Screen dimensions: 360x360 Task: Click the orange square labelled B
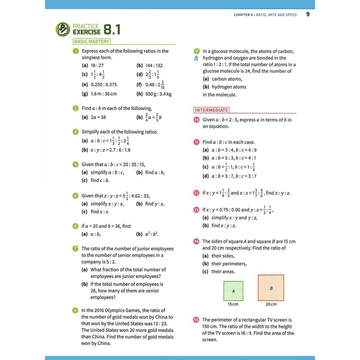(x=270, y=287)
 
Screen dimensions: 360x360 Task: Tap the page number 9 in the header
(x=307, y=14)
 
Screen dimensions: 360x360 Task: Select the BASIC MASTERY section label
(x=91, y=41)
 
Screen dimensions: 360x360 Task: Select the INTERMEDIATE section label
(x=211, y=110)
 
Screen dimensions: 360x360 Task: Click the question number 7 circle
(x=75, y=248)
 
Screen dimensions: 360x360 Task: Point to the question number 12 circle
(x=196, y=193)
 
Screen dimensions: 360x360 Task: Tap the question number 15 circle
(x=196, y=319)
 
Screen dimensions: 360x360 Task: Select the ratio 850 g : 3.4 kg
(x=158, y=93)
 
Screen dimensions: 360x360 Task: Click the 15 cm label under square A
(x=233, y=304)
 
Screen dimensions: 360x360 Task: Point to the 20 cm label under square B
(x=271, y=304)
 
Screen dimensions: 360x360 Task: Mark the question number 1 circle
(x=75, y=51)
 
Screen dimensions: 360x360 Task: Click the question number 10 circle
(x=196, y=120)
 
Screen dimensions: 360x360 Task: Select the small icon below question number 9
(x=196, y=58)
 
